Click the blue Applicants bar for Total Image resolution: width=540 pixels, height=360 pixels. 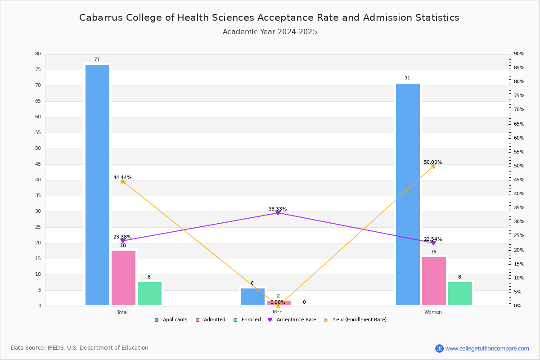point(97,184)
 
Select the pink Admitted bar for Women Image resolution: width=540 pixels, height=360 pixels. point(434,281)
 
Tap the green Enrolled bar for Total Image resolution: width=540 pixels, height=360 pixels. point(149,293)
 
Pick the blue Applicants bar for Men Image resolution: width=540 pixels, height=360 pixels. point(252,297)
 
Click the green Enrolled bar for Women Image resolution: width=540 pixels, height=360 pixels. point(460,293)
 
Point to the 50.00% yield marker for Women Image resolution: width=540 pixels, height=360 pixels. point(433,166)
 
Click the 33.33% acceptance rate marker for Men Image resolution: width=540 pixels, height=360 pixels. point(278,212)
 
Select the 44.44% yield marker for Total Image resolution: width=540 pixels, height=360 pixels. point(123,181)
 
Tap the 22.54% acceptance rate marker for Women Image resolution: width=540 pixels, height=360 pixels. point(433,243)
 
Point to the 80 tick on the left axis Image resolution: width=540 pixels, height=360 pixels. point(38,54)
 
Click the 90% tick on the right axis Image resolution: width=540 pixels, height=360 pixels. point(519,54)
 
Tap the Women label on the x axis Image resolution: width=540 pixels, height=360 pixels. point(433,312)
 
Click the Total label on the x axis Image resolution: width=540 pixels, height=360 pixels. point(122,312)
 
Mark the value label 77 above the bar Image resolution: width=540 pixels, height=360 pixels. point(97,60)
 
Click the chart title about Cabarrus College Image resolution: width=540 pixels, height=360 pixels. point(269,18)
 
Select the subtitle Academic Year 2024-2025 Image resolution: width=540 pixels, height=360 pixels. point(270,32)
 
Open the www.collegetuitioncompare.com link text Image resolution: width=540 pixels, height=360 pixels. point(487,348)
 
